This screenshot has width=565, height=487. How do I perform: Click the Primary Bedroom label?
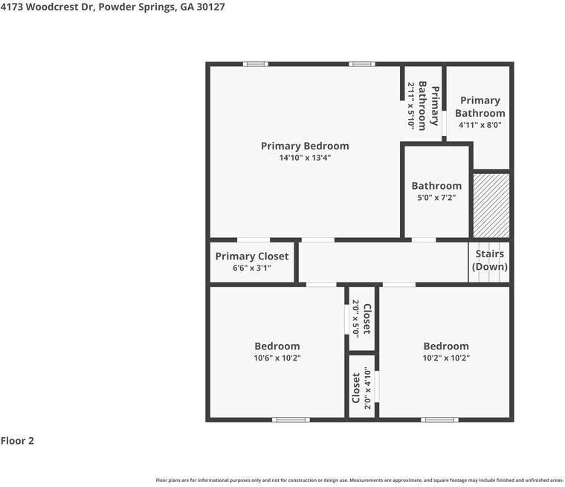point(304,146)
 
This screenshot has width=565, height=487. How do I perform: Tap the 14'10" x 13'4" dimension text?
point(304,158)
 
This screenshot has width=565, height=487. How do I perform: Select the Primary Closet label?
point(252,256)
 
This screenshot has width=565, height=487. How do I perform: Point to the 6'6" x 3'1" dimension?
point(252,268)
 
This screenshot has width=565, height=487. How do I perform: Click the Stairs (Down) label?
point(490,260)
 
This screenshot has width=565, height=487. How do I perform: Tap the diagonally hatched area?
point(491,205)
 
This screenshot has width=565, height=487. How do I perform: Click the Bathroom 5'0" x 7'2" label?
point(436,186)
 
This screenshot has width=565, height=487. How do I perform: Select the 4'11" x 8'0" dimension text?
point(480,125)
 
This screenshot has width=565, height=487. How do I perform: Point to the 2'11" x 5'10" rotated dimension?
point(410,106)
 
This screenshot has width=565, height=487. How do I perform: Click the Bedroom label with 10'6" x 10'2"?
point(277,346)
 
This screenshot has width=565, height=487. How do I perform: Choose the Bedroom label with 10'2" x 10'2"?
point(446,346)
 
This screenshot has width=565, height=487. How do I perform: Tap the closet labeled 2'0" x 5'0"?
point(361,318)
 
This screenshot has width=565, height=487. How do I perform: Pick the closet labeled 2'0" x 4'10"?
point(361,387)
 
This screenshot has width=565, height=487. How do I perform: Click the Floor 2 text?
point(17,441)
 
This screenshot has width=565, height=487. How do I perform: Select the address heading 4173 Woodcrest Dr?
point(113,7)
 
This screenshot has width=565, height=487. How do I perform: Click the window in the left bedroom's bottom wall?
point(291,420)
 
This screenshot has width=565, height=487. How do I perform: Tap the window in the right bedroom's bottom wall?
point(439,420)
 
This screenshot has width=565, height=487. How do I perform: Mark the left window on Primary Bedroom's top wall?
point(256,64)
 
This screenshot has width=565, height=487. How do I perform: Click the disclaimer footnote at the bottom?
point(359,480)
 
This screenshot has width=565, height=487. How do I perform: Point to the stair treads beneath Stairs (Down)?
point(489,277)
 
